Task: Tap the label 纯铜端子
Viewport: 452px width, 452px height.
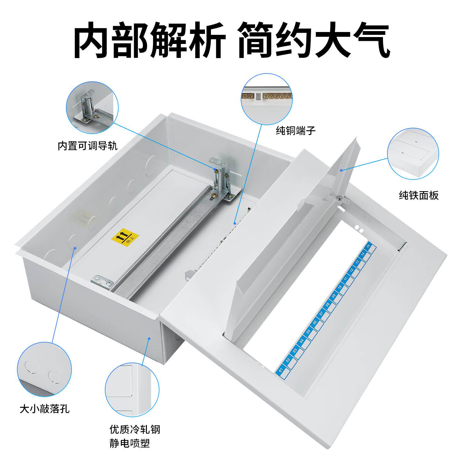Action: click(295, 131)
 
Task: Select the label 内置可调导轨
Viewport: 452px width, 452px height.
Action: click(88, 146)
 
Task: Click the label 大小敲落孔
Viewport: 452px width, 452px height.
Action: click(45, 409)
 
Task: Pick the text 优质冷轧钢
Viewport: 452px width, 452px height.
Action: click(135, 429)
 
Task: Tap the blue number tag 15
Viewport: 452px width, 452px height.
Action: click(369, 246)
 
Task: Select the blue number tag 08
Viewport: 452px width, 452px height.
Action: click(327, 304)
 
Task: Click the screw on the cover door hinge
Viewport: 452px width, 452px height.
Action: click(339, 198)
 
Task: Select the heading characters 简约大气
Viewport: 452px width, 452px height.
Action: click(314, 40)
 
